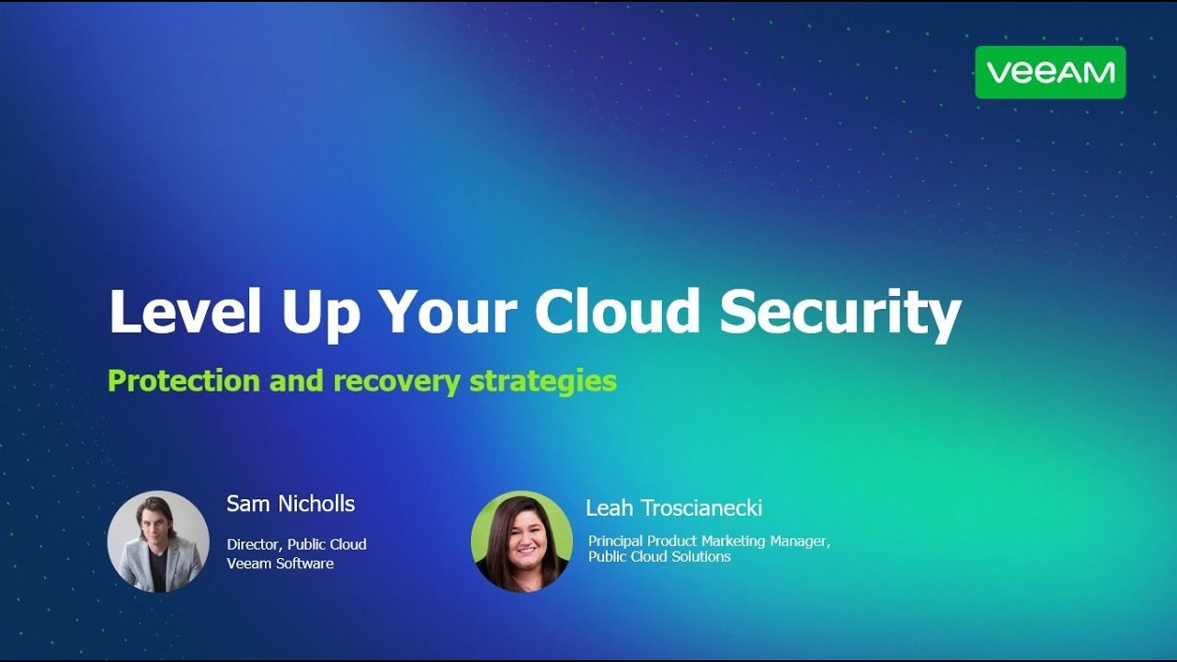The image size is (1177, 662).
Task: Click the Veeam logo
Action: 1050,73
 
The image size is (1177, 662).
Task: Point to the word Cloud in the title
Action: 618,312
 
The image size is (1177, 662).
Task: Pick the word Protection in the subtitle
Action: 183,381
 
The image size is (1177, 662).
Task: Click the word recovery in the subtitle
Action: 396,382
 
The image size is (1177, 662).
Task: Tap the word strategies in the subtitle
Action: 543,382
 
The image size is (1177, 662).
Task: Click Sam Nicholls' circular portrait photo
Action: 158,542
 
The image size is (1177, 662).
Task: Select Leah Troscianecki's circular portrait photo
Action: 521,542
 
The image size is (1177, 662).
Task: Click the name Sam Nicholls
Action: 291,504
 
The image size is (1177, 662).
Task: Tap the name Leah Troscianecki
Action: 673,508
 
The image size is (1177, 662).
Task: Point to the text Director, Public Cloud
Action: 296,544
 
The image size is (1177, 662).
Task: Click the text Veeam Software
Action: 280,563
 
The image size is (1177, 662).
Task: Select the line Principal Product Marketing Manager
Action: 708,541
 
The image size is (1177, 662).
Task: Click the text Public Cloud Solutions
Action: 659,556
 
